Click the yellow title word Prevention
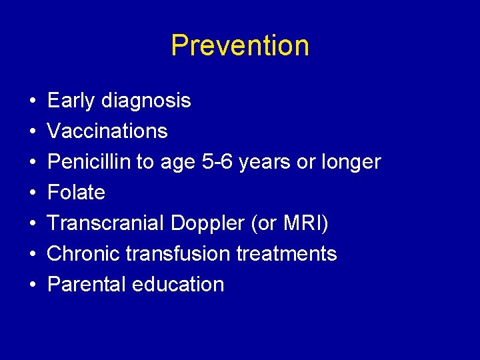(x=240, y=46)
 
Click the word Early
(x=71, y=101)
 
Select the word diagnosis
(x=146, y=101)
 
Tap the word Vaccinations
(x=107, y=131)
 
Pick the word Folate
(x=77, y=193)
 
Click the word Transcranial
(x=106, y=223)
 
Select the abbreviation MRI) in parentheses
(x=305, y=223)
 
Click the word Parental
(x=87, y=285)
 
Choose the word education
(x=178, y=285)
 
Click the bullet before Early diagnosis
(x=33, y=101)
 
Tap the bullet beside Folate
(x=33, y=193)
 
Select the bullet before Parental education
(x=33, y=285)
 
